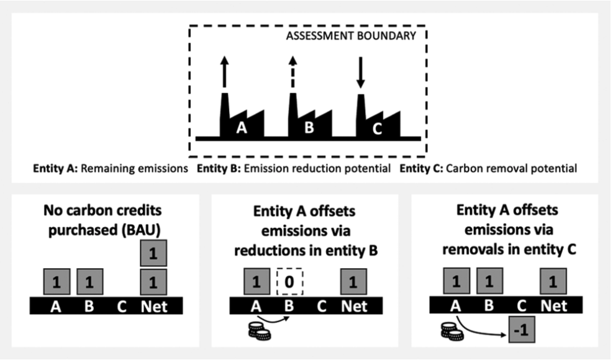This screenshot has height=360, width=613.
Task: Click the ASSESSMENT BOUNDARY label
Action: pyautogui.click(x=350, y=36)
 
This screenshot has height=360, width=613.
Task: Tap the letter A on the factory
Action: pyautogui.click(x=242, y=129)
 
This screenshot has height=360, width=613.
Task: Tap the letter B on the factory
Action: pyautogui.click(x=309, y=129)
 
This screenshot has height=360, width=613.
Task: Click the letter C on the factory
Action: pyautogui.click(x=377, y=129)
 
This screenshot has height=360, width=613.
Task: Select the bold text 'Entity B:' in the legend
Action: pyautogui.click(x=217, y=168)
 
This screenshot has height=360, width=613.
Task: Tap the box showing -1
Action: pyautogui.click(x=521, y=329)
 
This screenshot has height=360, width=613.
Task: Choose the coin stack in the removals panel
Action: pyautogui.click(x=452, y=333)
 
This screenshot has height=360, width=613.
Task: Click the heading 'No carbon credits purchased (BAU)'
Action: pyautogui.click(x=105, y=222)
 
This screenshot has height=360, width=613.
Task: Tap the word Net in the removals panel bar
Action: pyautogui.click(x=554, y=306)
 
